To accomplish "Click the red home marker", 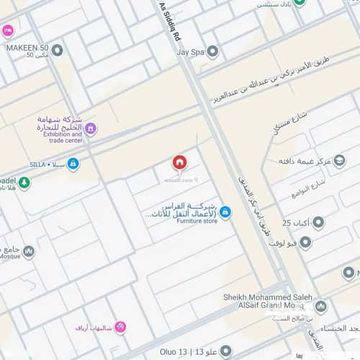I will pyautogui.click(x=179, y=163).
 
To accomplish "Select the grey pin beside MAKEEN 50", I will pyautogui.click(x=57, y=50).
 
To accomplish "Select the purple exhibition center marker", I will pyautogui.click(x=90, y=129).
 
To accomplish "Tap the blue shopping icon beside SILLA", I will pyautogui.click(x=73, y=164).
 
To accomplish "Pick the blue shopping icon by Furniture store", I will pyautogui.click(x=225, y=212).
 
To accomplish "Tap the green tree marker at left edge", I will pyautogui.click(x=24, y=183).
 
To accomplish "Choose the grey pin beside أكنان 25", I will pyautogui.click(x=318, y=222).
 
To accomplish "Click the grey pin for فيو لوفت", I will pyautogui.click(x=305, y=243).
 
